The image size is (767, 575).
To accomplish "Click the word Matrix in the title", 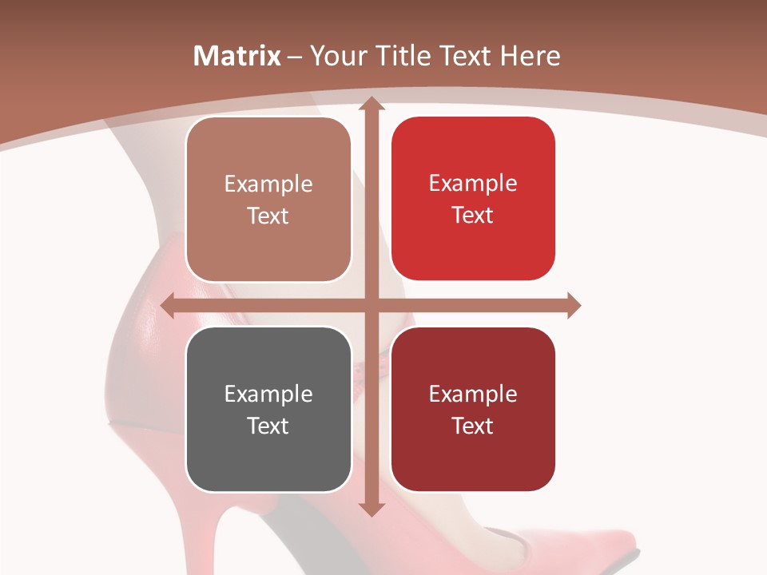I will (x=237, y=56).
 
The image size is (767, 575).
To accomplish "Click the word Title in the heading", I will (x=403, y=56).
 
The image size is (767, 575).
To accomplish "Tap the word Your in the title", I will (x=337, y=57).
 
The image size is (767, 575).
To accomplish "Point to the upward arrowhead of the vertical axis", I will (x=371, y=103).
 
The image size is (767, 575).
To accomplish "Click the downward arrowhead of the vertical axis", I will (x=371, y=509).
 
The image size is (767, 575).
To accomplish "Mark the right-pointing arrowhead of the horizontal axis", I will (x=573, y=305).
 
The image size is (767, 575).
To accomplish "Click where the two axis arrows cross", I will (x=371, y=305).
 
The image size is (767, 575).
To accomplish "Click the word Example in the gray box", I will (x=268, y=394).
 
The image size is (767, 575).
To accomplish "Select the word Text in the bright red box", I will (x=473, y=216).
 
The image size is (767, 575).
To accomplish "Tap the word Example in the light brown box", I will (x=268, y=184).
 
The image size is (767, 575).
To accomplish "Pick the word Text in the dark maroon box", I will (x=473, y=426).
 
